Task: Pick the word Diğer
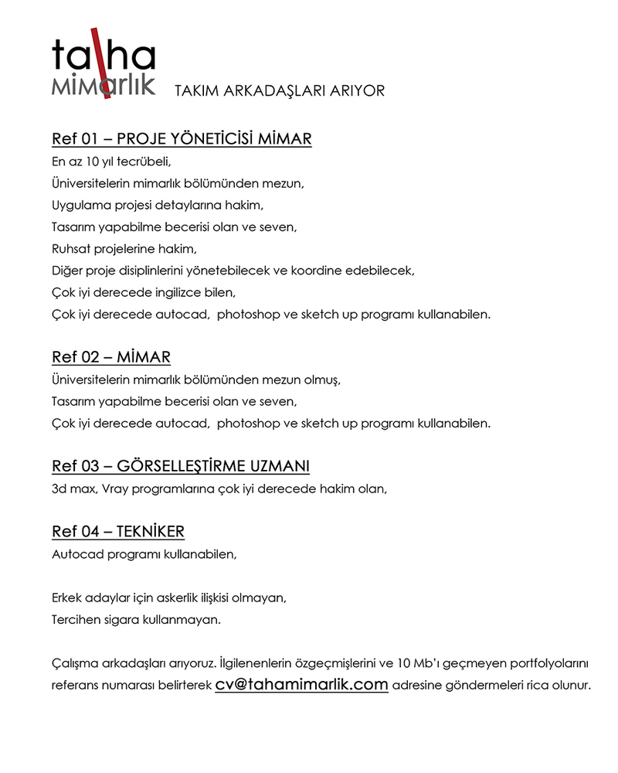[x=67, y=271]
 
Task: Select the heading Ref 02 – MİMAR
[x=111, y=357]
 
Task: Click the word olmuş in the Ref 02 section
[x=322, y=380]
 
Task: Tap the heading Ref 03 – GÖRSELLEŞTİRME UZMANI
[x=181, y=466]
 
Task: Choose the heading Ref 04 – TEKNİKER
[x=118, y=532]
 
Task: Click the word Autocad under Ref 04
[x=76, y=554]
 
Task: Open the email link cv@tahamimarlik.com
[x=301, y=685]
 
